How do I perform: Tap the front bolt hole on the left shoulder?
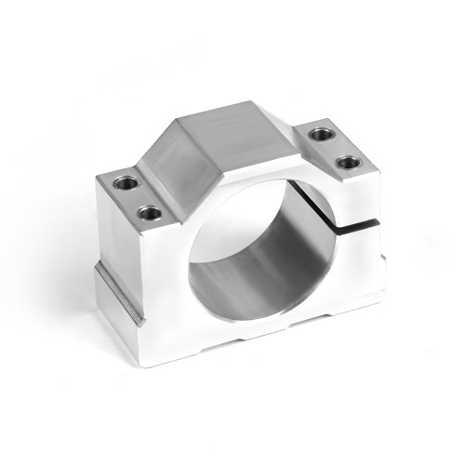(149, 213)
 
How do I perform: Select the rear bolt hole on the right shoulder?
(320, 134)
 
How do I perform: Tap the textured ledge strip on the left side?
(118, 294)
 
